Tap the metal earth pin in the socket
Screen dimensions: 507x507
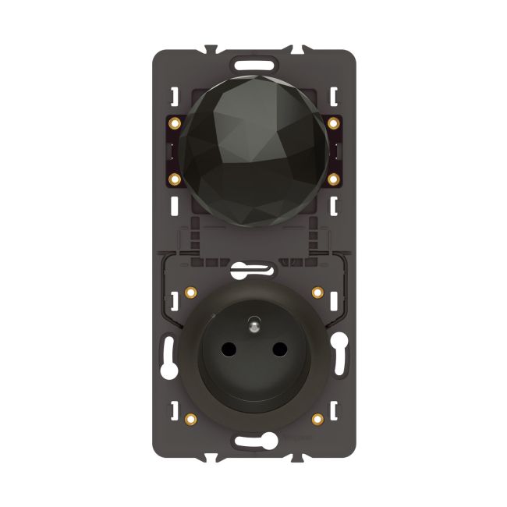point(254,322)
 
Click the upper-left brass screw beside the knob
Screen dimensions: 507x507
point(174,123)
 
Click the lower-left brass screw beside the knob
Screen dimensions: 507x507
point(174,179)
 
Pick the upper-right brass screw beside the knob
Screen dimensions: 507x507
point(334,123)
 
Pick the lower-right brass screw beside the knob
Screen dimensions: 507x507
point(334,179)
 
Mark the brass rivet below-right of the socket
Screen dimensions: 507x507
point(317,419)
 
